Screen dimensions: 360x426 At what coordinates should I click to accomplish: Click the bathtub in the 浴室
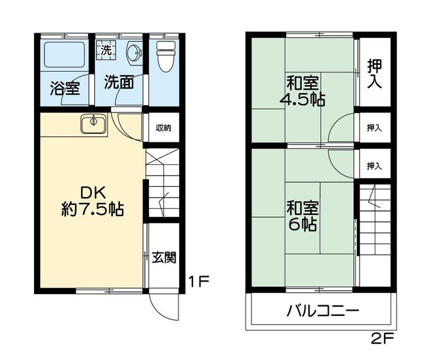pos(64,57)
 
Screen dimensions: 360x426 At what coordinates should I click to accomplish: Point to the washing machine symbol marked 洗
pos(106,49)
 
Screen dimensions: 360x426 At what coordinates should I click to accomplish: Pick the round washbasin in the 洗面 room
pos(134,52)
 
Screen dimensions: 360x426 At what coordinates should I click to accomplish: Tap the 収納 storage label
pos(164,128)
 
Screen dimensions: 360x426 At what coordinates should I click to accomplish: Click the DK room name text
pos(91,192)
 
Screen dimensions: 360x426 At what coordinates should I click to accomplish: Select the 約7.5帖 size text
pos(91,209)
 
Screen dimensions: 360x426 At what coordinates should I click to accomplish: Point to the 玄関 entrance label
pos(164,256)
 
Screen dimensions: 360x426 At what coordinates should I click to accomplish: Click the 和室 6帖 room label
pos(302,214)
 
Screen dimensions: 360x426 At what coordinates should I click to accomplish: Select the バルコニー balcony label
pos(323,311)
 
